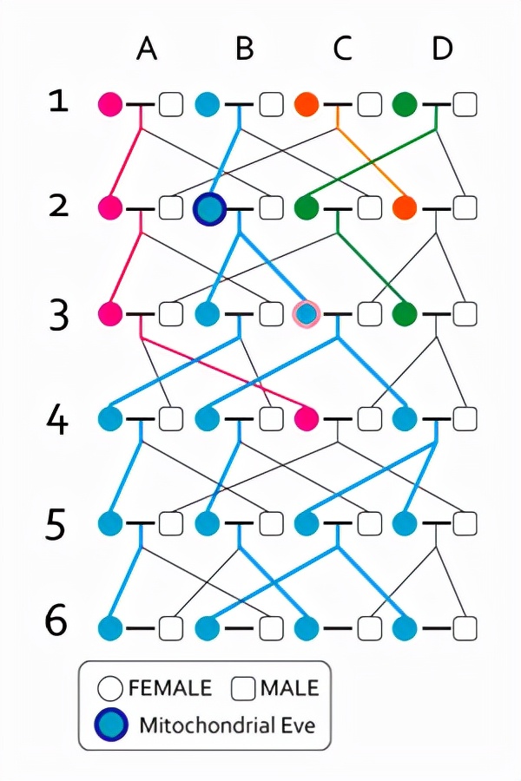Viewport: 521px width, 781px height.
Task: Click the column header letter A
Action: [147, 49]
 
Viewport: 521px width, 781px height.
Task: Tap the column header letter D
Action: [443, 49]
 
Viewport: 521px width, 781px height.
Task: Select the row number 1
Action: [58, 102]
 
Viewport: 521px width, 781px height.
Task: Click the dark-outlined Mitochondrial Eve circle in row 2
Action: [209, 208]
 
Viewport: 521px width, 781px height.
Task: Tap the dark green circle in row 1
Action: [405, 105]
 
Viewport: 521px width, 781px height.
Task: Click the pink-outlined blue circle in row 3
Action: [306, 313]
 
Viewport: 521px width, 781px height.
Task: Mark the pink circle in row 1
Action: [109, 105]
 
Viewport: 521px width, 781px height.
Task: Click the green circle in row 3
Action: [405, 313]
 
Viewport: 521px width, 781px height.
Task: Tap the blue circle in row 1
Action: [208, 105]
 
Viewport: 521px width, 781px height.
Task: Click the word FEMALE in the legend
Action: [169, 689]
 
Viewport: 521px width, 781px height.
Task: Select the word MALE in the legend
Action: [288, 689]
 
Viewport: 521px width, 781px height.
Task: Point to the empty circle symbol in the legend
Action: [110, 689]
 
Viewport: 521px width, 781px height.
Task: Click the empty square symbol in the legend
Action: [245, 689]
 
